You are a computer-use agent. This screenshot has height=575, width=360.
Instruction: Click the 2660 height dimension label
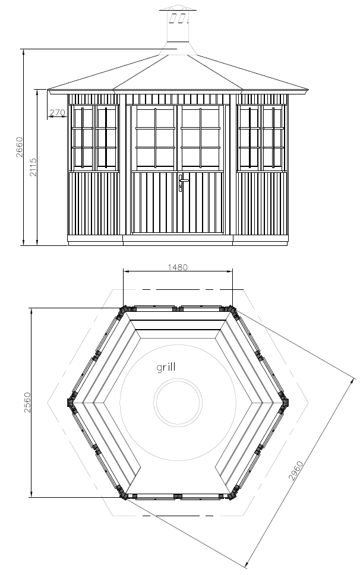click(20, 147)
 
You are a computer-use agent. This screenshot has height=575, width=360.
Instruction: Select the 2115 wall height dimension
click(33, 168)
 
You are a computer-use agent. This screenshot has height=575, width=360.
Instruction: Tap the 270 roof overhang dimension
click(57, 113)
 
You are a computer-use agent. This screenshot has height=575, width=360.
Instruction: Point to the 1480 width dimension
click(178, 267)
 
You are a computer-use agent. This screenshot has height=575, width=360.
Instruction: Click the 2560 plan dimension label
click(27, 403)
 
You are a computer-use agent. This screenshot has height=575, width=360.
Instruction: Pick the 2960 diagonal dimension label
click(296, 470)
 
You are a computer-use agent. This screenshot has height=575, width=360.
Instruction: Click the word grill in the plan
click(166, 367)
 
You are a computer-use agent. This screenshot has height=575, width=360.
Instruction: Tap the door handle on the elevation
click(182, 182)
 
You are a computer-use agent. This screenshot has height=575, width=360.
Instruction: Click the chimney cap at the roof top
click(178, 8)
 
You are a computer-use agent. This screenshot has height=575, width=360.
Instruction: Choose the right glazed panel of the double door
click(201, 138)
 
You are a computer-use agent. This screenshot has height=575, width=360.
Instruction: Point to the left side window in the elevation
click(94, 138)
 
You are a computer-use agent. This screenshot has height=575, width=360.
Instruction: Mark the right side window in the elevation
click(262, 138)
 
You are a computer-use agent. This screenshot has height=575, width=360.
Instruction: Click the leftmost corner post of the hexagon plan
click(71, 402)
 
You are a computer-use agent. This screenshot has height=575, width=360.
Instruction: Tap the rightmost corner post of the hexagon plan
click(284, 402)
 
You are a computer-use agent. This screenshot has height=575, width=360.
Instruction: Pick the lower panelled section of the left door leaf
click(154, 203)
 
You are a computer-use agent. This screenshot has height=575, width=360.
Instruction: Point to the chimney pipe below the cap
click(178, 26)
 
